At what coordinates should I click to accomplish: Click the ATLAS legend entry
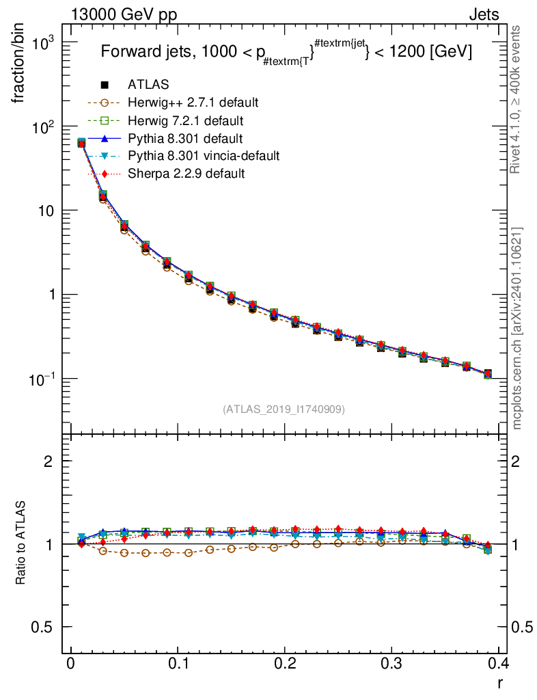(148, 85)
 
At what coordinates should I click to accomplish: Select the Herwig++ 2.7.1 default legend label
(193, 103)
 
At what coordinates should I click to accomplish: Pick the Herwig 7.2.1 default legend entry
(186, 120)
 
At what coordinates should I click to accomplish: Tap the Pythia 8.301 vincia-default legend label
(203, 156)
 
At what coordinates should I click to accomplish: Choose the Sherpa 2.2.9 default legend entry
(186, 174)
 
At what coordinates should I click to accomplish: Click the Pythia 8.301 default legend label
(186, 138)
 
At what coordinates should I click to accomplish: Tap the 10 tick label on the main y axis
(46, 211)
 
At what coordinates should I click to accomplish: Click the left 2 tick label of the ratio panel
(49, 461)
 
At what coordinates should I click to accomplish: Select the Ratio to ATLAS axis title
(21, 543)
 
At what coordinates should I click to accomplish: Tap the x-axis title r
(501, 683)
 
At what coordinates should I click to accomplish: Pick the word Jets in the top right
(483, 15)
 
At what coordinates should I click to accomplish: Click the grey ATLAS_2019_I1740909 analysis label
(284, 409)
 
